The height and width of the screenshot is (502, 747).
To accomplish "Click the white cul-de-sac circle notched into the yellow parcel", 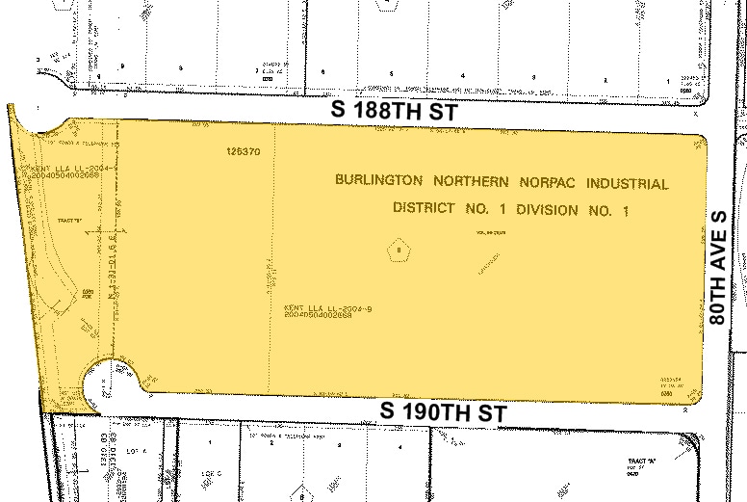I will coord(106,383).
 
